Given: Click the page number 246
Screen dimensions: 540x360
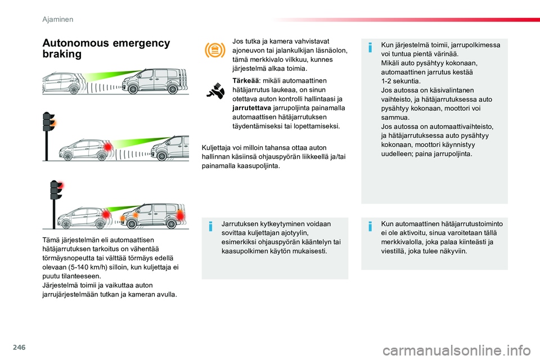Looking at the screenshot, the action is [x=19, y=347].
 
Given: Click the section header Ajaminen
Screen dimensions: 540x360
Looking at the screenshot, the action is [x=57, y=19].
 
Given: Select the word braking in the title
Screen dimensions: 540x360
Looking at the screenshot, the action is [x=62, y=54].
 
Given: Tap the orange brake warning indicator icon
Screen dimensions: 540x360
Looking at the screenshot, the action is [x=215, y=50].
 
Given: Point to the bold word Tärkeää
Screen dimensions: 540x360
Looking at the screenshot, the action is [x=246, y=80].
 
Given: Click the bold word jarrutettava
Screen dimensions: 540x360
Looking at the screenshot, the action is [x=252, y=108].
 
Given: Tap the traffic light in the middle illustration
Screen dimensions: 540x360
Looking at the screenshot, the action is [x=48, y=135].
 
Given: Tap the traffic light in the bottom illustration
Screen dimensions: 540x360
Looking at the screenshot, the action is [x=56, y=203].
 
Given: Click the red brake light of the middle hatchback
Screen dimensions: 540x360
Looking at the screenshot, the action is [x=108, y=147].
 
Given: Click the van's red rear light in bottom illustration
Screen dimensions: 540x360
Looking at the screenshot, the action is [x=180, y=217].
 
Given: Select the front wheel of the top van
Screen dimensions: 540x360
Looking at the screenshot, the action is [x=133, y=89].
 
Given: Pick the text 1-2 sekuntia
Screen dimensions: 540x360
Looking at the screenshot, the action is [x=400, y=82].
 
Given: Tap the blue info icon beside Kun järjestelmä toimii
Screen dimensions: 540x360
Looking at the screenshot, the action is [x=370, y=47].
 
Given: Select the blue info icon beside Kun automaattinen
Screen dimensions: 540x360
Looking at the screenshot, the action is [x=370, y=226].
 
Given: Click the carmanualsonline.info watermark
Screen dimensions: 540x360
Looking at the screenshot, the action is [x=457, y=351].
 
